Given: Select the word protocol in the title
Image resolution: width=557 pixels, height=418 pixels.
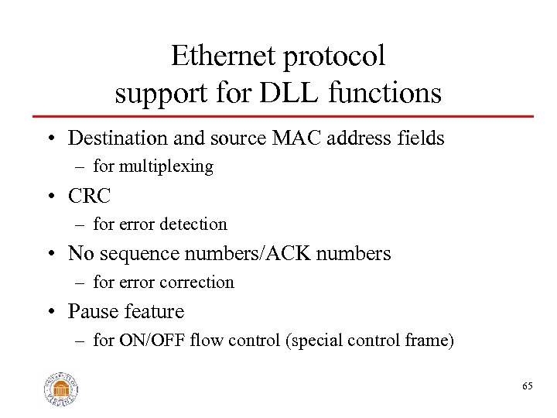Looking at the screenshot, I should pyautogui.click(x=337, y=56).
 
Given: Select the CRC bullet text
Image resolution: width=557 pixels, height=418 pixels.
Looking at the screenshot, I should pyautogui.click(x=90, y=196).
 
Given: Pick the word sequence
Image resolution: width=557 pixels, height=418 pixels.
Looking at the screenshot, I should pyautogui.click(x=133, y=254).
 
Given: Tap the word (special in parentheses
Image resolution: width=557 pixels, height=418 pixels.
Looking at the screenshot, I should pyautogui.click(x=312, y=341).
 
